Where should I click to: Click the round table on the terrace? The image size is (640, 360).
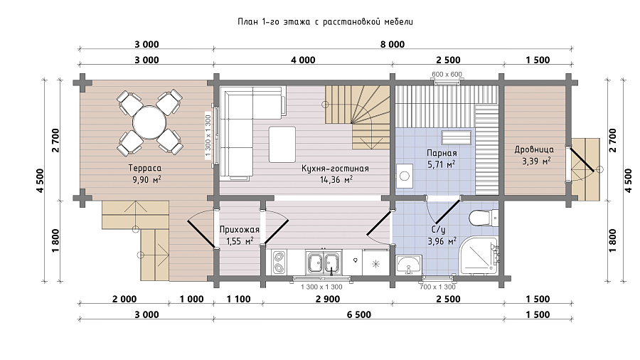pyautogui.click(x=149, y=123)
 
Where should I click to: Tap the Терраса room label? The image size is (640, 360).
pyautogui.click(x=145, y=168)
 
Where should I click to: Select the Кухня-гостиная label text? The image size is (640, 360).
pyautogui.click(x=335, y=168)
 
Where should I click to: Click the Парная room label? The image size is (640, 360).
pyautogui.click(x=442, y=153)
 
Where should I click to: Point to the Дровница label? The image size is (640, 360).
pyautogui.click(x=534, y=150)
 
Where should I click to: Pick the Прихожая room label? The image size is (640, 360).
pyautogui.click(x=240, y=229)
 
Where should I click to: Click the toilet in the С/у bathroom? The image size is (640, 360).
pyautogui.click(x=484, y=218)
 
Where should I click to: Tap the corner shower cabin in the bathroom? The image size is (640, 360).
pyautogui.click(x=479, y=255)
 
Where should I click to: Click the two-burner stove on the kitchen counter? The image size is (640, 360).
pyautogui.click(x=279, y=263)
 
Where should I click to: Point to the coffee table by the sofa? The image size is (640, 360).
pyautogui.click(x=282, y=144)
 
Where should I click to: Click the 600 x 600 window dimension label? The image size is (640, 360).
pyautogui.click(x=447, y=74)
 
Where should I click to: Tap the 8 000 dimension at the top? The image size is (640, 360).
pyautogui.click(x=393, y=45)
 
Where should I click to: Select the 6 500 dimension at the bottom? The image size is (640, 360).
pyautogui.click(x=359, y=314)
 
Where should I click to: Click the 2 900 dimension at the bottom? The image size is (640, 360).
pyautogui.click(x=328, y=300)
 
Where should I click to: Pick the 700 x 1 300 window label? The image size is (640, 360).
pyautogui.click(x=437, y=287)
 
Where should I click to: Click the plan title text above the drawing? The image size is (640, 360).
pyautogui.click(x=325, y=21)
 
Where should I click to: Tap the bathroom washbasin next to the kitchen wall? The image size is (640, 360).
pyautogui.click(x=409, y=264)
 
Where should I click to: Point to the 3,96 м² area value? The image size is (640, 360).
pyautogui.click(x=442, y=242)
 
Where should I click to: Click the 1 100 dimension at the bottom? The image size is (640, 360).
pyautogui.click(x=239, y=300)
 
